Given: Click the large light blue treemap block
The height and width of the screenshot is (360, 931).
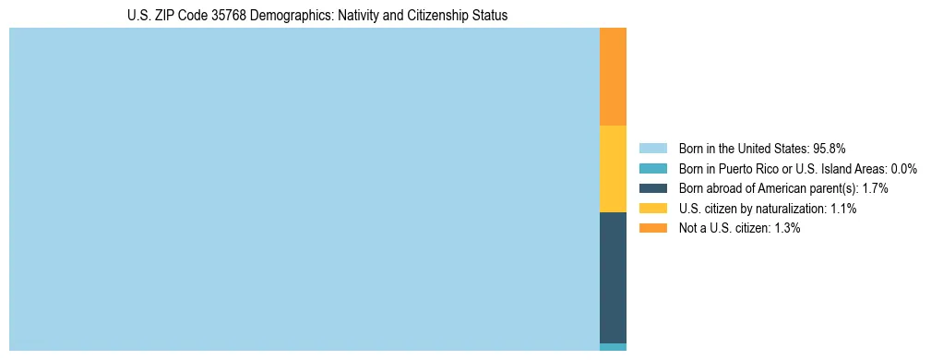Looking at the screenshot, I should (x=304, y=189).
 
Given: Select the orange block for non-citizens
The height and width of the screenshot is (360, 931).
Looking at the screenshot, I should (x=613, y=77).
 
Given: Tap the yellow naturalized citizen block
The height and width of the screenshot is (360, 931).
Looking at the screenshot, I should (x=613, y=169).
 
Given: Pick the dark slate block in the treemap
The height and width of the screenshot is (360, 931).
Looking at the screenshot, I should (x=613, y=277).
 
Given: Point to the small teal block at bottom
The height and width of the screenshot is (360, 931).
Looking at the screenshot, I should (x=613, y=347).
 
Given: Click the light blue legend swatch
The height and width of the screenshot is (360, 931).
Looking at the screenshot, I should (x=653, y=148).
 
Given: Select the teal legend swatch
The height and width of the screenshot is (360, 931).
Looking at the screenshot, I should (x=653, y=168).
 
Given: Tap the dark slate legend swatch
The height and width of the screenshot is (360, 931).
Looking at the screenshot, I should (x=653, y=188).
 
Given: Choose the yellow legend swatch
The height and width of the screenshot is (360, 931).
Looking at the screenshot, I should (x=653, y=209).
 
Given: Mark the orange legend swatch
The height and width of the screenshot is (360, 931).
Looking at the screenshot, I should (x=653, y=228).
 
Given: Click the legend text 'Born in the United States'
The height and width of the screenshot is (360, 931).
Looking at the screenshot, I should (x=743, y=148).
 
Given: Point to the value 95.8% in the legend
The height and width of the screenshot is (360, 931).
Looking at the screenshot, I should (x=830, y=148).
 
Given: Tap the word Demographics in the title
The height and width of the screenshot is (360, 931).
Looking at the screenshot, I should (x=272, y=16).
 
